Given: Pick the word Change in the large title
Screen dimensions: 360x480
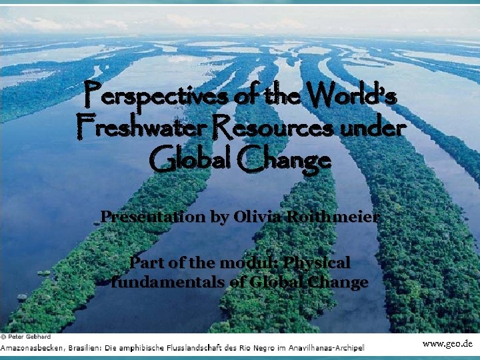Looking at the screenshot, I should point(287,159).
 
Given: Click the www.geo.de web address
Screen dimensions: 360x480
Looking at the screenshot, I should point(447,344).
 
